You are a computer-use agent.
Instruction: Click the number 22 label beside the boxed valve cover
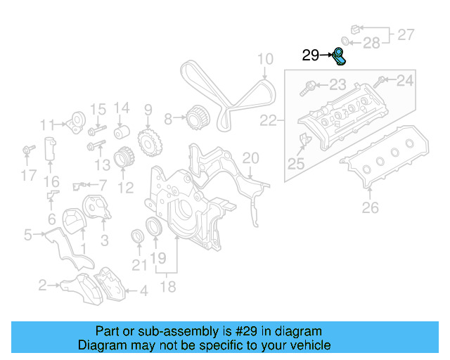tap(268, 121)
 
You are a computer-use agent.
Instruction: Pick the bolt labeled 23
tap(309, 88)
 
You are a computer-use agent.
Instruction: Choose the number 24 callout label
tap(405, 81)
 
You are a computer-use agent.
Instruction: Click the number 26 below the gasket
tap(370, 207)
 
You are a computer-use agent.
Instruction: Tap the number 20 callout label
tap(250, 157)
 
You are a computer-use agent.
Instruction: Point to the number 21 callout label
tap(141, 264)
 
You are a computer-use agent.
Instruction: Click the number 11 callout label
tap(47, 125)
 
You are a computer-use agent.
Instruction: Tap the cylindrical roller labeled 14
tap(122, 132)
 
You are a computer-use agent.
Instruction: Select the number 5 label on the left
tap(27, 234)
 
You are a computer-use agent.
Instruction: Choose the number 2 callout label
tap(43, 285)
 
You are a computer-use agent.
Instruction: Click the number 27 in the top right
tap(406, 34)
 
